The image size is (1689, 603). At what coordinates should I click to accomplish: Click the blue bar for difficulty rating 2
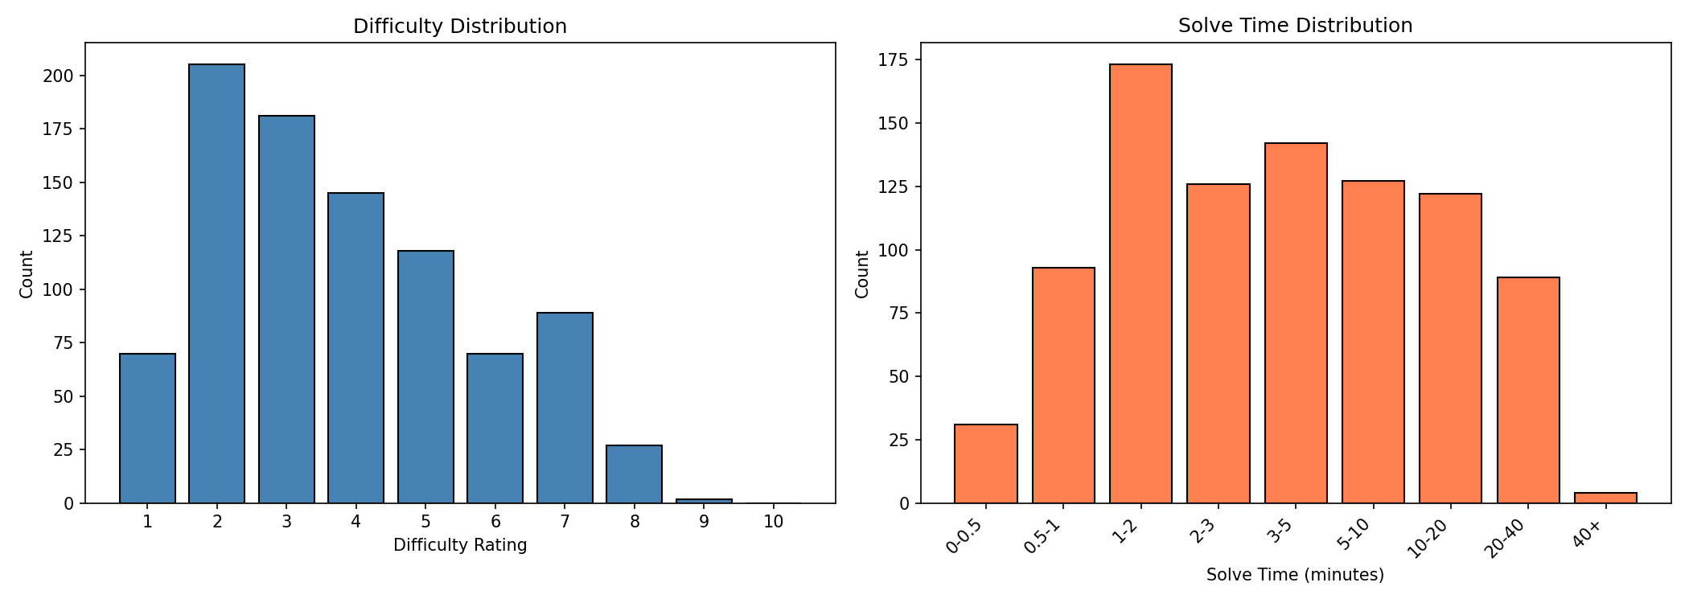[x=216, y=284]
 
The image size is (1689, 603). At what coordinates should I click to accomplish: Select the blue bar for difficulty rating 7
[x=565, y=408]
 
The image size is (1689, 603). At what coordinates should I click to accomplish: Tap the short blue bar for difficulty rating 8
[x=634, y=474]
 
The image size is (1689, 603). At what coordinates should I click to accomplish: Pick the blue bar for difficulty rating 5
[x=425, y=377]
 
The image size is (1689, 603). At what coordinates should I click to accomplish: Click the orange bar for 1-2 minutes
[x=1140, y=284]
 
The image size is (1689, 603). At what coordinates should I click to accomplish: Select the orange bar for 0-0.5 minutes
[x=986, y=464]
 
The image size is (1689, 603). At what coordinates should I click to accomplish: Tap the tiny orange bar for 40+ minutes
[x=1605, y=498]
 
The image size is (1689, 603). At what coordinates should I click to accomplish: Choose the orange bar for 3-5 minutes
[x=1296, y=323]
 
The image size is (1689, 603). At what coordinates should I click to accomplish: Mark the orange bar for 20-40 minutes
[x=1528, y=390]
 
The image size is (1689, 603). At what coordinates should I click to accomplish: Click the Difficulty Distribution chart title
[x=460, y=27]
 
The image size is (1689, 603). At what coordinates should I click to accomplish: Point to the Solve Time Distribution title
[x=1295, y=26]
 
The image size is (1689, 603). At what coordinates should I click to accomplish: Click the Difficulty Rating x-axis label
[x=460, y=545]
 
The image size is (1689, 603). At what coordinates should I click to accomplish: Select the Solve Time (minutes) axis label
[x=1295, y=575]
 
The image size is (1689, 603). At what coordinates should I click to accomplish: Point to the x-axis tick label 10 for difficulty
[x=773, y=522]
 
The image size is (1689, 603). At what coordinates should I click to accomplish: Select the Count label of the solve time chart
[x=862, y=274]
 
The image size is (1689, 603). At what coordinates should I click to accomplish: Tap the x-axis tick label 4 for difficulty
[x=355, y=522]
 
